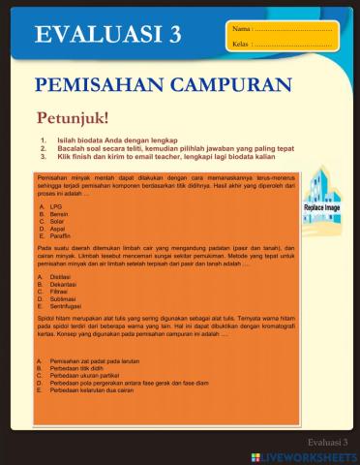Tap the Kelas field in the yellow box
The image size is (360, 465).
tap(290, 45)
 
